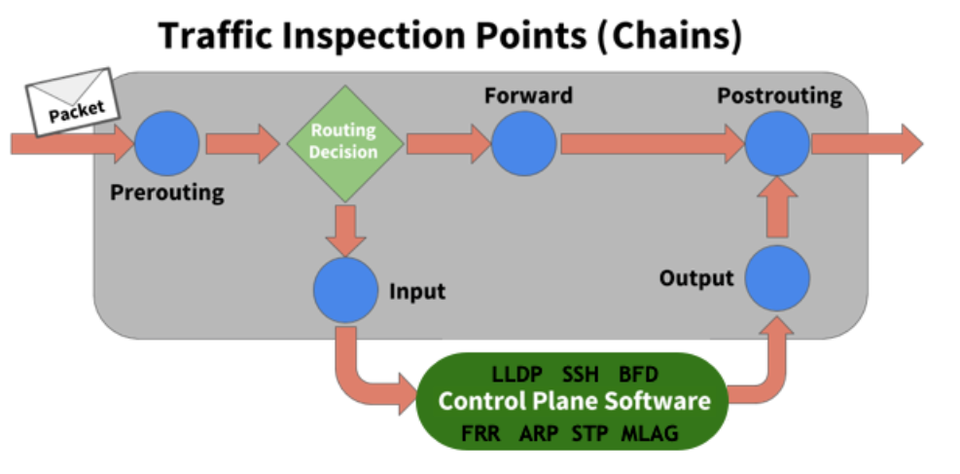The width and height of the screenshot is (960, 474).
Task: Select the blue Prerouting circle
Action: (166, 144)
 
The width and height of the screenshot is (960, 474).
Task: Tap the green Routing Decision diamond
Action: (343, 143)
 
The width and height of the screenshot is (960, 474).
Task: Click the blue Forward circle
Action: (523, 144)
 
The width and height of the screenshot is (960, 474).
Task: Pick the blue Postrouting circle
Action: (777, 144)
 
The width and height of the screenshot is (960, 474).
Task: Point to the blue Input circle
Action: (345, 289)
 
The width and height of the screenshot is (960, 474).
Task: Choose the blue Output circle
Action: (777, 278)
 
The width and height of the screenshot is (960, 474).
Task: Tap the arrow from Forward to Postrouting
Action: (652, 144)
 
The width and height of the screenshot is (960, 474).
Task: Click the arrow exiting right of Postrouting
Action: (866, 144)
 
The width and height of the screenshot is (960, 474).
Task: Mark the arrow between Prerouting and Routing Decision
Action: (241, 144)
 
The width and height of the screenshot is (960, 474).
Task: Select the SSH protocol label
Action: (582, 375)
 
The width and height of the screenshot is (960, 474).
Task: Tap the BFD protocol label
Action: (638, 375)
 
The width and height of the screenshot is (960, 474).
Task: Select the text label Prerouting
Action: (166, 193)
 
